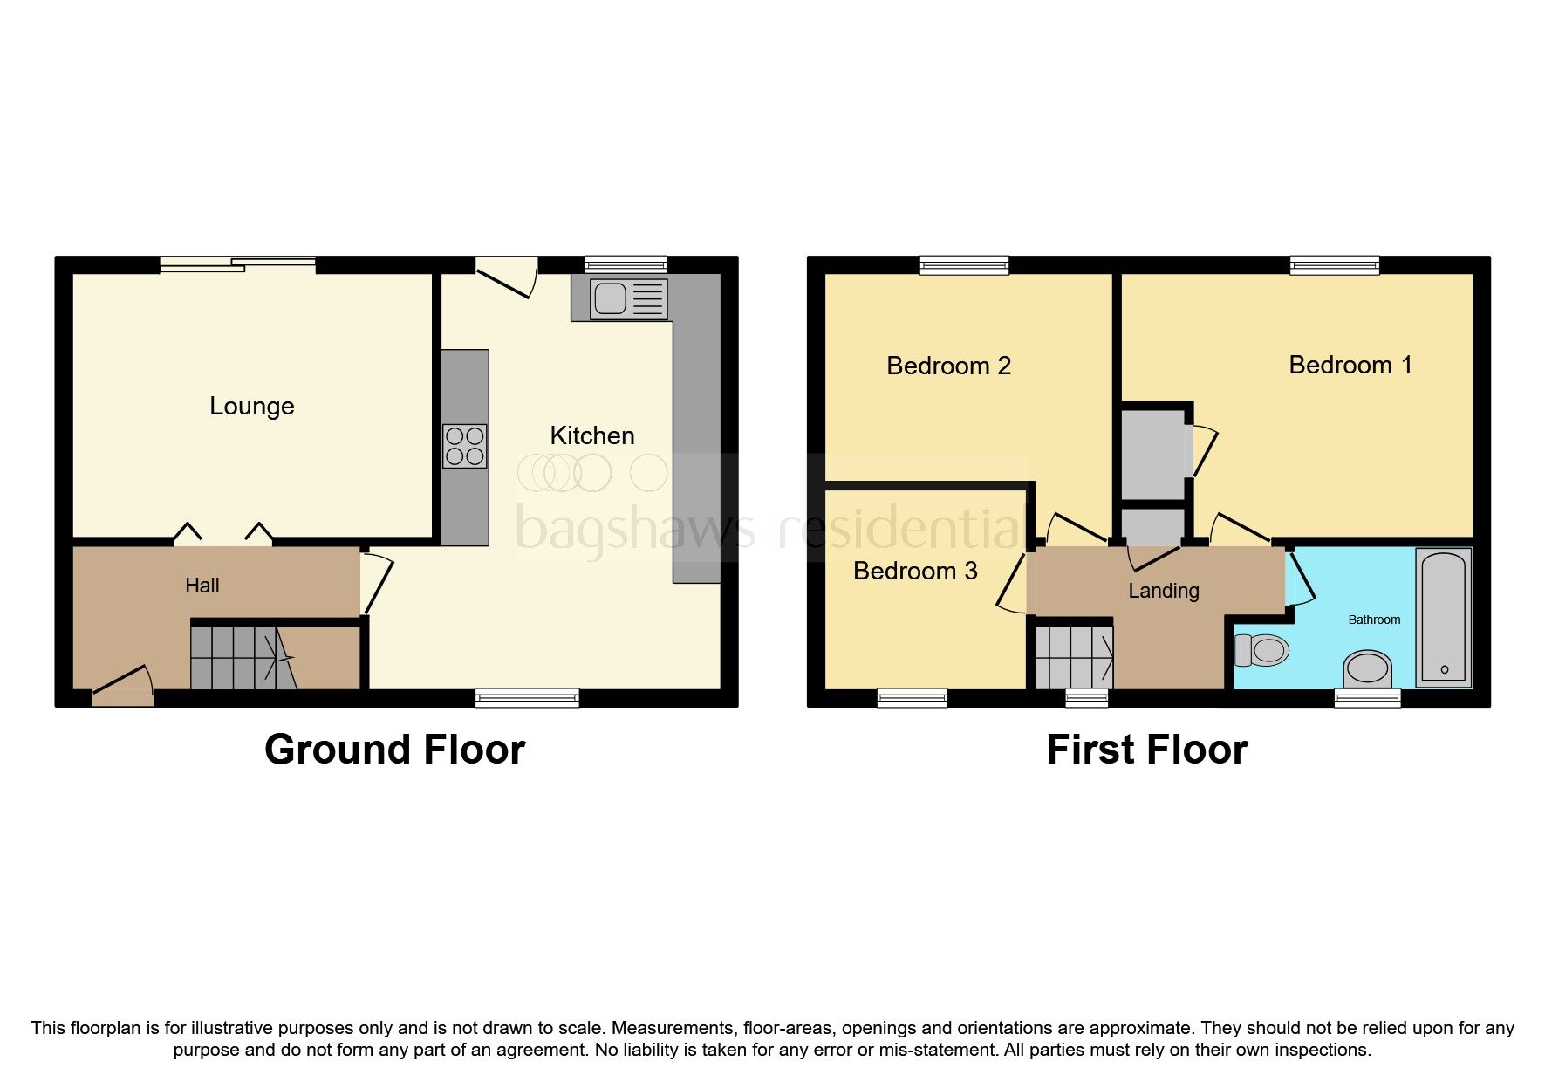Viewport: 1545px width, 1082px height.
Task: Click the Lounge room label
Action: click(x=251, y=407)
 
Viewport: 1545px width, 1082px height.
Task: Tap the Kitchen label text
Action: click(x=591, y=435)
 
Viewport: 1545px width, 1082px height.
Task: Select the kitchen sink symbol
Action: click(x=628, y=299)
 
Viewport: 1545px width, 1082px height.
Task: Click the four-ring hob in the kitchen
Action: click(x=464, y=446)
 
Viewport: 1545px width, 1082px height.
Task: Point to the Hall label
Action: click(x=202, y=586)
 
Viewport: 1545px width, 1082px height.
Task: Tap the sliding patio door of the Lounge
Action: click(x=237, y=264)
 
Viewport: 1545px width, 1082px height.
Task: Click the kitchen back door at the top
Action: click(x=506, y=275)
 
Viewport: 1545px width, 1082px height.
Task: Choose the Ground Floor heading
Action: click(x=394, y=750)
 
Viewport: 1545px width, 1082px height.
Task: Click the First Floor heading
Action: click(x=1146, y=750)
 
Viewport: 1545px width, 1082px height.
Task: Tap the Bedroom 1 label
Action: click(x=1350, y=365)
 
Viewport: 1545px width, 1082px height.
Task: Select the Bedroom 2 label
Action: click(x=948, y=366)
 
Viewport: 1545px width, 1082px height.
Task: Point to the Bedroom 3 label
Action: click(x=914, y=571)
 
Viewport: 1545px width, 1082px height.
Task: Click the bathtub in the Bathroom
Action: click(x=1444, y=617)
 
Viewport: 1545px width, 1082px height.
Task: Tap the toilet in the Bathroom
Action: click(x=1262, y=650)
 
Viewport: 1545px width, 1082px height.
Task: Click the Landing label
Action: click(x=1163, y=591)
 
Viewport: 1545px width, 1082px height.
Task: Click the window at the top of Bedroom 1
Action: click(x=1334, y=264)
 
